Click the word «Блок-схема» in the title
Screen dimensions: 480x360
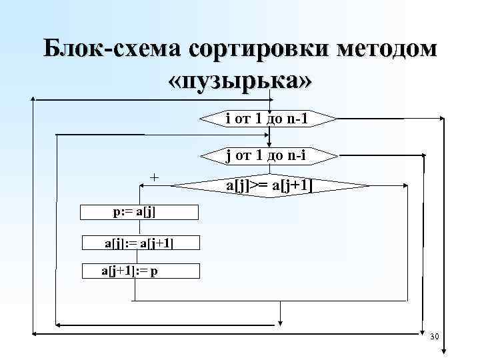pyautogui.click(x=111, y=51)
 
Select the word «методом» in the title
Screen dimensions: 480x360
pyautogui.click(x=393, y=51)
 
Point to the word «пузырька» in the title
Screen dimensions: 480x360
pyautogui.click(x=241, y=81)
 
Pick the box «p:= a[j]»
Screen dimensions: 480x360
pyautogui.click(x=139, y=212)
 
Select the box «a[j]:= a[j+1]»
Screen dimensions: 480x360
pyautogui.click(x=139, y=243)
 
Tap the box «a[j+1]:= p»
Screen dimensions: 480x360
pyautogui.click(x=139, y=271)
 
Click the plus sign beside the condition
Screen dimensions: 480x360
pyautogui.click(x=155, y=177)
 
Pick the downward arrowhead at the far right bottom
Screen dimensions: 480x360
pyautogui.click(x=443, y=352)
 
